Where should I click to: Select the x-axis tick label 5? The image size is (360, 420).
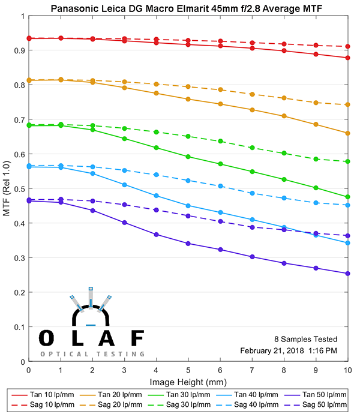(x=188, y=371)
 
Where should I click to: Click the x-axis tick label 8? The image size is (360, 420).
(x=284, y=371)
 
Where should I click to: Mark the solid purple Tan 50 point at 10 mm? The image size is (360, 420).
(x=347, y=274)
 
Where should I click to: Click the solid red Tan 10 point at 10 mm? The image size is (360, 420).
(x=347, y=58)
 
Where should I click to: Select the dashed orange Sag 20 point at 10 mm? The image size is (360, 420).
(x=347, y=104)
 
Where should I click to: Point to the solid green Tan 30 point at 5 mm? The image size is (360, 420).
(x=188, y=157)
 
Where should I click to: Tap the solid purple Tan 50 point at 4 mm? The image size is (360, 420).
(x=156, y=235)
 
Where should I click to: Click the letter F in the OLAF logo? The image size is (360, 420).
(x=137, y=338)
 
